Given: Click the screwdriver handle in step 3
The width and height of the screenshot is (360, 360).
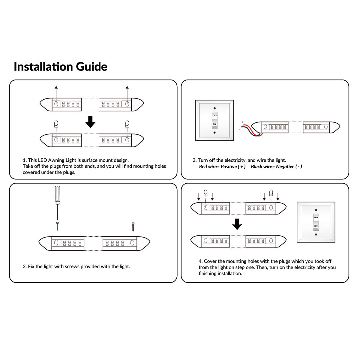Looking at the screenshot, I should [x=57, y=195].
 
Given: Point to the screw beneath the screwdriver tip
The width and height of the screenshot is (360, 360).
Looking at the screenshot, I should [x=57, y=226].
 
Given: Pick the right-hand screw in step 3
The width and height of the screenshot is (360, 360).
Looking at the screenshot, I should [x=133, y=226].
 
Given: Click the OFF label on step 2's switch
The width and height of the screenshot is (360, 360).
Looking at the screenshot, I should [x=214, y=115].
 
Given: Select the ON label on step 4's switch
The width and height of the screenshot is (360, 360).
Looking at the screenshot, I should [x=316, y=226].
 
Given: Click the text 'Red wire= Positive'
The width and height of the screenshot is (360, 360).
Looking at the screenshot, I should [x=222, y=167].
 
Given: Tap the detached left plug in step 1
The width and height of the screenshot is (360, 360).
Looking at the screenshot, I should [x=56, y=124].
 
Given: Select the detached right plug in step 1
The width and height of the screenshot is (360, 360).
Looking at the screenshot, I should [x=127, y=124].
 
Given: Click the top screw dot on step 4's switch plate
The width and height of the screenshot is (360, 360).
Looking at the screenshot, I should [x=316, y=210].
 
